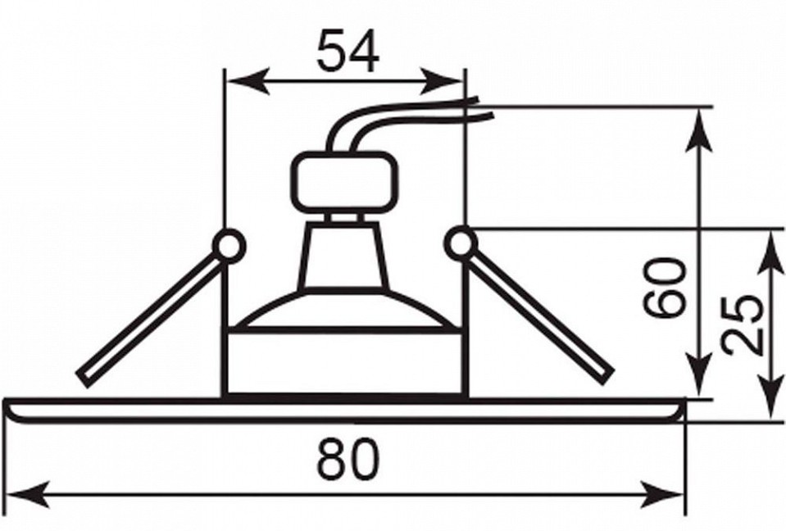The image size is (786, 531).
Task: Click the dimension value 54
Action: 348,51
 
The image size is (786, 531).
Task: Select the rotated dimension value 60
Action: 665,288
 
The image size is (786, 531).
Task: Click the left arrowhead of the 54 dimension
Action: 248,81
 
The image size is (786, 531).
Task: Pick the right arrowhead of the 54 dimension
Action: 442,81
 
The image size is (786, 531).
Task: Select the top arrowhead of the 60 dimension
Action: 698,129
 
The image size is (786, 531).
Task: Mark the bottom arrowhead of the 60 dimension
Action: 698,375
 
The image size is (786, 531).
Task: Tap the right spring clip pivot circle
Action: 461,243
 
